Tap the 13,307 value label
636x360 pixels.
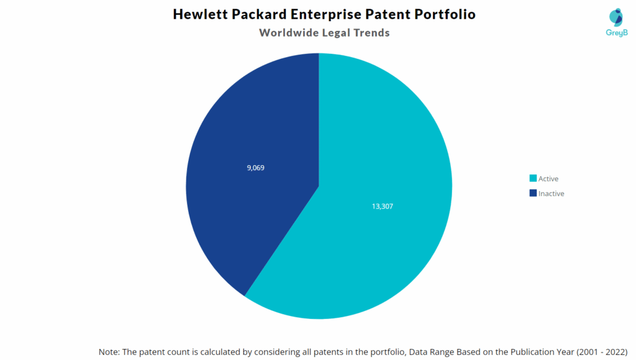click(x=383, y=206)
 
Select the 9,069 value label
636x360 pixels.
click(x=255, y=168)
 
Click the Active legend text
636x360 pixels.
click(x=548, y=179)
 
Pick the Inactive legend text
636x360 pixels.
click(x=552, y=194)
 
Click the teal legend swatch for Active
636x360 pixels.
click(x=533, y=179)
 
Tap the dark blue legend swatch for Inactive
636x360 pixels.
click(x=533, y=194)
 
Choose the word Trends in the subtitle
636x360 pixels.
click(x=371, y=33)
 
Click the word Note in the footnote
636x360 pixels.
click(x=109, y=351)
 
